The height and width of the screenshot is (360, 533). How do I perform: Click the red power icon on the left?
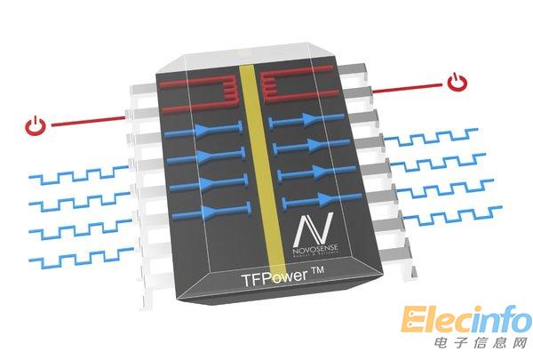coord(34,125)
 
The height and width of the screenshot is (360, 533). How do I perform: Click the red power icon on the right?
coord(457,84)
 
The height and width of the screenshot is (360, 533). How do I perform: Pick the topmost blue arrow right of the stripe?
coord(306,118)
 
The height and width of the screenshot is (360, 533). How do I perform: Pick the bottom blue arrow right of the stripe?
coord(307,197)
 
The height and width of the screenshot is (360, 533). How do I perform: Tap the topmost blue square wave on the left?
coord(75,175)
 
